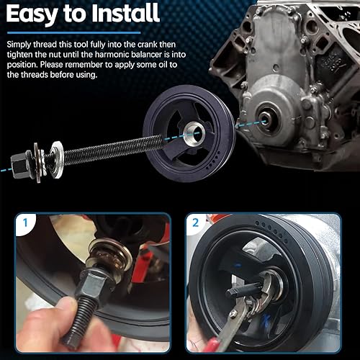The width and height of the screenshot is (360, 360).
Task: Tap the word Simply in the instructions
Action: [22, 45]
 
